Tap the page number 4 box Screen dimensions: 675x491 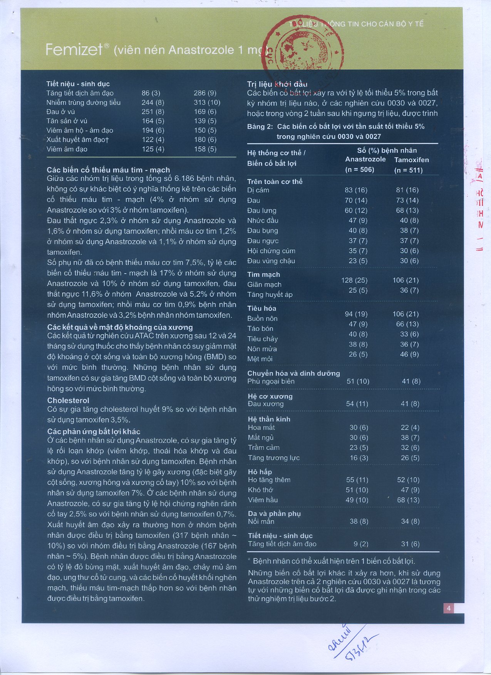(x=448, y=608)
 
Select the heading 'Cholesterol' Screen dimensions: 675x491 (x=68, y=400)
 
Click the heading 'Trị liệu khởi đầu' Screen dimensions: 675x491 (x=277, y=84)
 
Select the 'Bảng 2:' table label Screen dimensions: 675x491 (x=260, y=127)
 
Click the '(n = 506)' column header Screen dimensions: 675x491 (x=360, y=169)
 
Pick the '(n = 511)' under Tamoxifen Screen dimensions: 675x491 (x=408, y=170)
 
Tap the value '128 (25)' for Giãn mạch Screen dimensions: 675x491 (x=354, y=280)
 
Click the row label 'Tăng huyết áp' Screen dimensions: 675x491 (x=270, y=294)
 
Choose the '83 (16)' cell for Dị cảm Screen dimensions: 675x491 (x=356, y=190)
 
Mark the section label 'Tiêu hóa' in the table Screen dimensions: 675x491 (x=262, y=308)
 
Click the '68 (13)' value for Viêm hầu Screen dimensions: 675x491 (x=408, y=500)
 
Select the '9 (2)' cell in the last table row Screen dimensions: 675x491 (x=361, y=544)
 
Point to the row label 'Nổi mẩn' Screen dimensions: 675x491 (x=261, y=521)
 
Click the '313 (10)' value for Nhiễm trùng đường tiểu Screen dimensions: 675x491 (x=207, y=102)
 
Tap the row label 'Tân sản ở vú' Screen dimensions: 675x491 (x=67, y=121)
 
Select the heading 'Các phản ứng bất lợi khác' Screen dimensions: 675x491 (x=94, y=431)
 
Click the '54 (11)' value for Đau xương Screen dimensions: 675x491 (x=357, y=404)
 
